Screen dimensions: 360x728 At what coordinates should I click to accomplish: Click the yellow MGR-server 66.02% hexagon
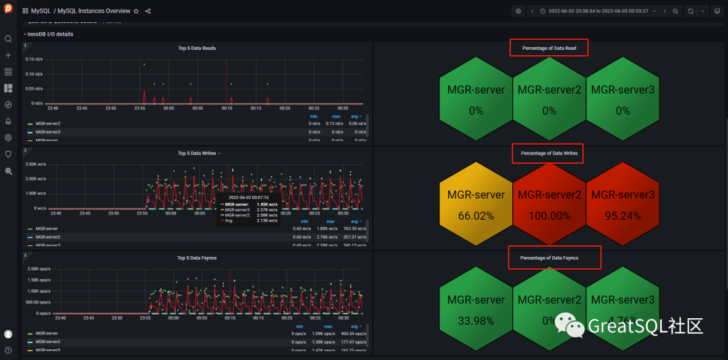click(476, 204)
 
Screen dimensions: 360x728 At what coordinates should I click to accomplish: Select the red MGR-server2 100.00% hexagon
click(549, 204)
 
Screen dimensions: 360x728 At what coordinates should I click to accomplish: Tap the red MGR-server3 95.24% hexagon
click(622, 204)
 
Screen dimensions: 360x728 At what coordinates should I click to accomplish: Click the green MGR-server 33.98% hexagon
click(476, 309)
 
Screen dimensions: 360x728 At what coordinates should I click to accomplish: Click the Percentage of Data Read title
click(548, 48)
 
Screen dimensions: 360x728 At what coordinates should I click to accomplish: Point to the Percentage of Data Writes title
click(549, 154)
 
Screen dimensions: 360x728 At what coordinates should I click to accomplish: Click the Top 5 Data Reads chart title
click(197, 48)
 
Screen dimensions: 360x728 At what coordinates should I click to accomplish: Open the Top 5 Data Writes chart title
click(197, 153)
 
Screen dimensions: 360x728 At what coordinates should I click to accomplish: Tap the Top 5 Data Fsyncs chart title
click(197, 258)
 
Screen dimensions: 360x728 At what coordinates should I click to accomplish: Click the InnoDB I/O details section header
click(50, 34)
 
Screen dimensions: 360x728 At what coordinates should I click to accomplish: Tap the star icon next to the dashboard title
click(136, 11)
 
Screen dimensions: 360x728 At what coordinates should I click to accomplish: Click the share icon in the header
click(148, 11)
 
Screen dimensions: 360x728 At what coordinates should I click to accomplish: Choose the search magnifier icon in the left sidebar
click(8, 39)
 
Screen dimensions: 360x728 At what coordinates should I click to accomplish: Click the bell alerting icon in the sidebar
click(8, 121)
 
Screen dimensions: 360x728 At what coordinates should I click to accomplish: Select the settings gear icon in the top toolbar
click(518, 11)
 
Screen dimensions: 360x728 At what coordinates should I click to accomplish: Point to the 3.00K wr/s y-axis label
click(35, 164)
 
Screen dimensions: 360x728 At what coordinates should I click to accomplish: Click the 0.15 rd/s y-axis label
click(34, 59)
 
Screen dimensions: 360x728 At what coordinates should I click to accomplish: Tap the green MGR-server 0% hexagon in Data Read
click(476, 99)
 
